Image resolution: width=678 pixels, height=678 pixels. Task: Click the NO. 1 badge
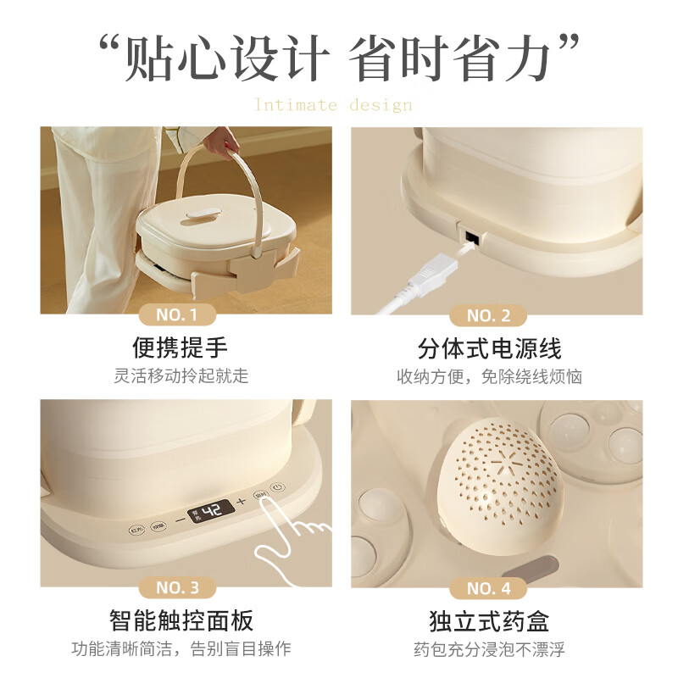[176, 315]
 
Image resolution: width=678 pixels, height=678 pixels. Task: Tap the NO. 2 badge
[488, 316]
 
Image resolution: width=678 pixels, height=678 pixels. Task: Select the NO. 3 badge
[176, 587]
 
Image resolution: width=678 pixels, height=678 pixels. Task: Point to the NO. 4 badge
[488, 587]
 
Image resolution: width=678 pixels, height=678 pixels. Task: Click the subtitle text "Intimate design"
[333, 105]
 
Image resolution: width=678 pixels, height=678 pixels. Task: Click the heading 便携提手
[181, 347]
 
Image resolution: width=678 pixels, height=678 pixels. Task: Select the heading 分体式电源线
[489, 347]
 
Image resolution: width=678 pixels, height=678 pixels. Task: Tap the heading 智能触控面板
[181, 620]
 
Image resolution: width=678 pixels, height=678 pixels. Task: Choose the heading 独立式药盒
[489, 620]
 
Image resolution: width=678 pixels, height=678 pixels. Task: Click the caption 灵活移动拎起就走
[181, 375]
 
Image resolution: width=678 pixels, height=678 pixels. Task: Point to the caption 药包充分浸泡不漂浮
[489, 649]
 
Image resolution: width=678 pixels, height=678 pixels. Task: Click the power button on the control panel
[279, 487]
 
